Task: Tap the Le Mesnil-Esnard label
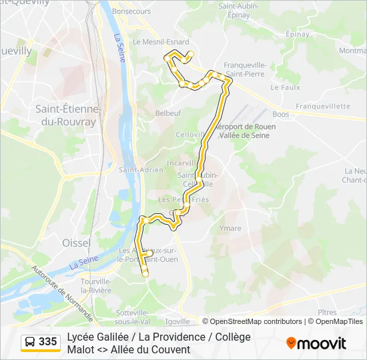point(161,41)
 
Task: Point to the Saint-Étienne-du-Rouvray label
point(67,115)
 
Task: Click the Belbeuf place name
point(168,113)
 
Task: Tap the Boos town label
point(281,114)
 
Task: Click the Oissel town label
point(76,243)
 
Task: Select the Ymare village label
point(230,229)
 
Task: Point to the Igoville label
point(177,321)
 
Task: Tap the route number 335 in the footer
point(47,342)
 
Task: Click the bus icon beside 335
point(30,342)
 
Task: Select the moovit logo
point(316,343)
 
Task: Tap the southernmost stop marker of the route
point(145,272)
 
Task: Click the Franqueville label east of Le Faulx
point(323,106)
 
